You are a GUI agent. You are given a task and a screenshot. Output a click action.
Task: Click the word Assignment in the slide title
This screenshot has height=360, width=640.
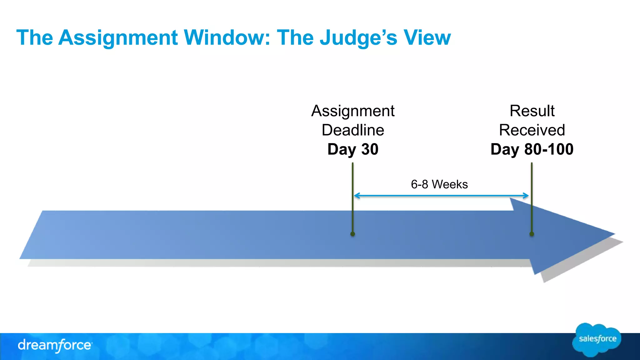click(x=118, y=38)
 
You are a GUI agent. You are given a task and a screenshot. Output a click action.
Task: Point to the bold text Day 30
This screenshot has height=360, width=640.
click(x=353, y=149)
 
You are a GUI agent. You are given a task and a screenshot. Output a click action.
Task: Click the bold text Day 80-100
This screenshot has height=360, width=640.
click(x=532, y=149)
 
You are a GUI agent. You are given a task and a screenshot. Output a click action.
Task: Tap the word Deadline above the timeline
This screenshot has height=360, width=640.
click(x=353, y=130)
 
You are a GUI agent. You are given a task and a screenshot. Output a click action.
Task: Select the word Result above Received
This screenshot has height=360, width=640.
click(x=532, y=111)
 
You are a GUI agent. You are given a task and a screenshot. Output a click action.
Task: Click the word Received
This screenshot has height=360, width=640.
click(x=532, y=130)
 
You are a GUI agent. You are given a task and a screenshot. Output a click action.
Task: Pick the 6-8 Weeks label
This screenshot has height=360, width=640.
click(x=439, y=184)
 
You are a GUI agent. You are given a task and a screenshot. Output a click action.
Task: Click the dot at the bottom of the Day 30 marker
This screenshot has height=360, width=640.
click(x=352, y=234)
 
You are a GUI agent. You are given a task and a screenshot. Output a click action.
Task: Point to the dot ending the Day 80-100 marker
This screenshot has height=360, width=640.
click(x=532, y=234)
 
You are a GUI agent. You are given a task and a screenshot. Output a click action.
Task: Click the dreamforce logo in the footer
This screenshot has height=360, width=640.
click(x=55, y=345)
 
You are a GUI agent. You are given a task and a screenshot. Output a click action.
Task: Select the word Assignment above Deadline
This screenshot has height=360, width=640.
click(x=353, y=111)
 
